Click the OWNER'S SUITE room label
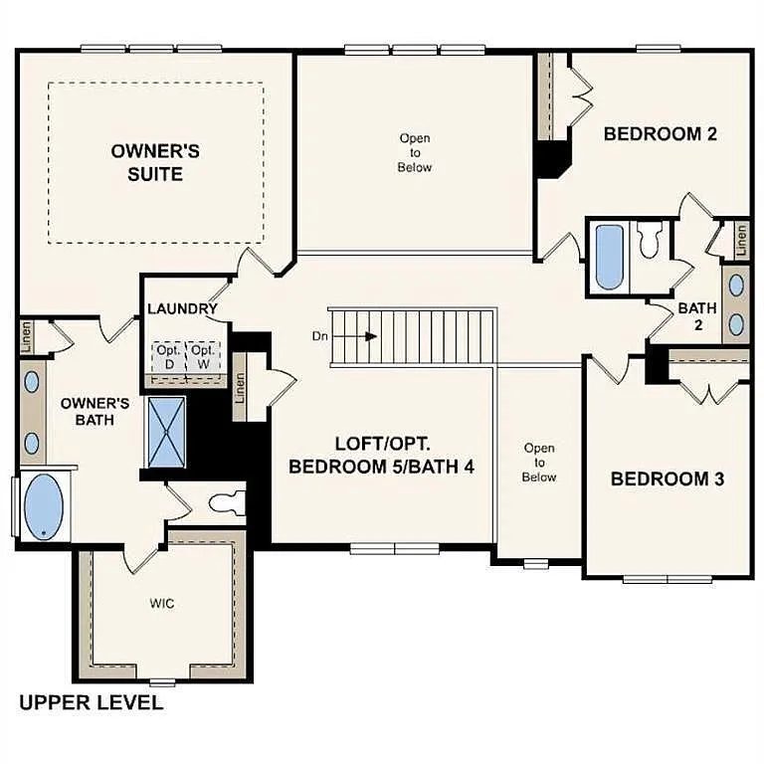[155, 162]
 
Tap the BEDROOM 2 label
[661, 134]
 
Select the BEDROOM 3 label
[667, 478]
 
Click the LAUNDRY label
[182, 308]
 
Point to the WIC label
[162, 604]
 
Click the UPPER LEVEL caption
[91, 703]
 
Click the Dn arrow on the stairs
[370, 336]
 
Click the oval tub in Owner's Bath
[41, 507]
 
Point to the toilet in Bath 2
[650, 240]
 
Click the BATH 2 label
[697, 316]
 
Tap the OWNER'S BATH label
[95, 412]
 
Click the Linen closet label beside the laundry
[240, 392]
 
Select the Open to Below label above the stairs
[415, 152]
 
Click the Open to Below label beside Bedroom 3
[539, 463]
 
